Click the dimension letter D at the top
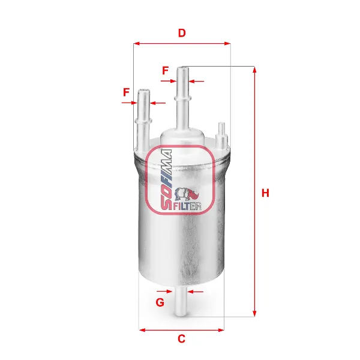coord(182,33)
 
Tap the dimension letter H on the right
coord(265,193)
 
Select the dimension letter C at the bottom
coord(181,338)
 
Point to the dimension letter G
coord(160,302)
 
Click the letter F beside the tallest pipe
coord(166,70)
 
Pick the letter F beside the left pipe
coord(126,92)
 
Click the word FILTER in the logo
coord(187,206)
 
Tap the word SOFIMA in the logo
coord(166,180)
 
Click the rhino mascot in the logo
coord(187,194)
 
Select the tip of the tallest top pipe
coord(183,68)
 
